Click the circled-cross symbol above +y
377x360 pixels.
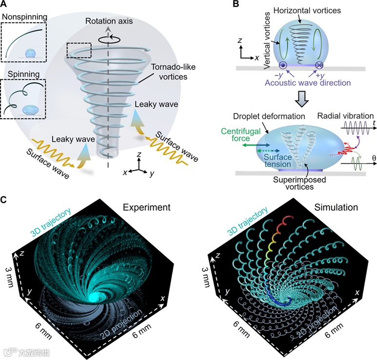319,65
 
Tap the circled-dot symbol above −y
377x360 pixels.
282,65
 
